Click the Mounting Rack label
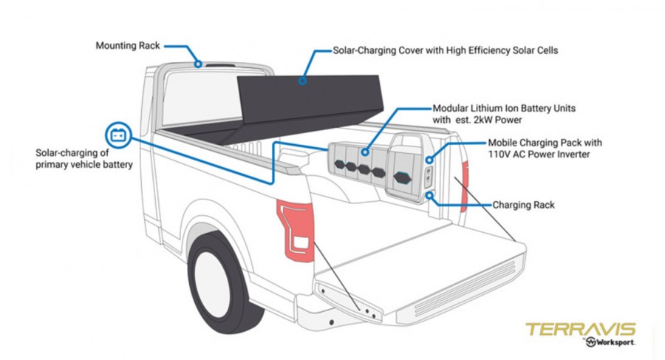pos(128,45)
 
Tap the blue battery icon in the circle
pos(118,135)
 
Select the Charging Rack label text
pos(523,205)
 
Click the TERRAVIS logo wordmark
pos(580,330)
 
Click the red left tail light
pos(296,229)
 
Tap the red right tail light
pos(465,186)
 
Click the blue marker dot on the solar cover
pos(302,81)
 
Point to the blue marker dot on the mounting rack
pos(198,64)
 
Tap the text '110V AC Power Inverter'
pos(539,154)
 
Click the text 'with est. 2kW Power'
pos(477,120)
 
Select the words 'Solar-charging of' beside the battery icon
pos(72,153)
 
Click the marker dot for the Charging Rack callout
pos(429,195)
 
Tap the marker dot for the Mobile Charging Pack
pos(429,160)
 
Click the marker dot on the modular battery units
pos(365,152)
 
